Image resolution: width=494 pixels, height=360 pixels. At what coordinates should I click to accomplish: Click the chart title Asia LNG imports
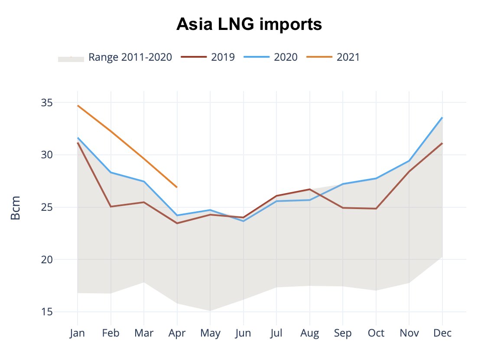(x=249, y=25)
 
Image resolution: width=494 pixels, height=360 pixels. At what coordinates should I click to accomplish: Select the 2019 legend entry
(x=223, y=57)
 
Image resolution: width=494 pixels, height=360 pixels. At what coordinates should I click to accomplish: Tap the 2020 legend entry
(x=286, y=57)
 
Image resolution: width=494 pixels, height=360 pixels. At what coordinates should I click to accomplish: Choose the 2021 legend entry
(x=348, y=57)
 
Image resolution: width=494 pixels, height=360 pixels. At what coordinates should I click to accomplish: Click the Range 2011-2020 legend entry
(x=130, y=57)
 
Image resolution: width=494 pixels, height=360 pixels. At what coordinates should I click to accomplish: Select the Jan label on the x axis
(x=78, y=333)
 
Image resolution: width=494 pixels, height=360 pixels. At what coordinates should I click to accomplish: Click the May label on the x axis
(x=210, y=333)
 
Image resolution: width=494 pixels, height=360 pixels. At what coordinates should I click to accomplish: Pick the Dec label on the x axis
(x=442, y=333)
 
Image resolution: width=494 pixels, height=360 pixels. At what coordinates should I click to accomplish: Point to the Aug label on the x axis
(x=309, y=333)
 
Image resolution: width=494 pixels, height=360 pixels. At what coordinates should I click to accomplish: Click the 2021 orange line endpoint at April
(x=177, y=187)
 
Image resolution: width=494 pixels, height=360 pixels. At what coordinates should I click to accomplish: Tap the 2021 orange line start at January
(x=78, y=105)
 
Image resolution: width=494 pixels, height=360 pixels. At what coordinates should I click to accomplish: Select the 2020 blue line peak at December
(x=442, y=118)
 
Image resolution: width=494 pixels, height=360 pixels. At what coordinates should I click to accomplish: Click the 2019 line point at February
(x=111, y=206)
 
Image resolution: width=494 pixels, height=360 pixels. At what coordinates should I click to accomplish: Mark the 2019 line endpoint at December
(x=442, y=143)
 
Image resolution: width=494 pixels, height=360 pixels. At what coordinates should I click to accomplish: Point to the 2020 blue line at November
(x=409, y=161)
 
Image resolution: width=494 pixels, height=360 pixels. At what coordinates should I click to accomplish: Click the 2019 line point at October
(x=376, y=209)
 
